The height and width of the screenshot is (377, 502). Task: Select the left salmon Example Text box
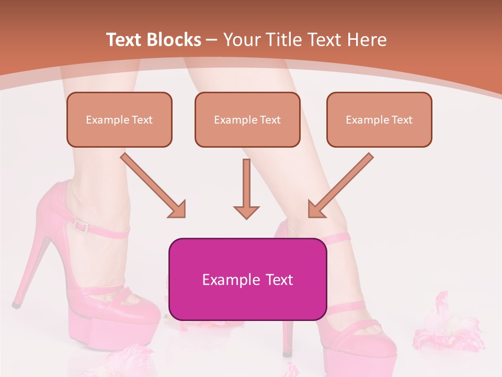point(119,119)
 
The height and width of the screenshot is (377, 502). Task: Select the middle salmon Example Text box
point(247,119)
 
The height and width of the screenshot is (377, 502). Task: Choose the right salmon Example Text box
point(379,119)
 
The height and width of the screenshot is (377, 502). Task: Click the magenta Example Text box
point(247,279)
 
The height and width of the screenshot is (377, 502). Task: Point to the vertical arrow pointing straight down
point(246,188)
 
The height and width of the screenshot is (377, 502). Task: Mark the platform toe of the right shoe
point(361,351)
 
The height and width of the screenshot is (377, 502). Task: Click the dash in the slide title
point(212,40)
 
